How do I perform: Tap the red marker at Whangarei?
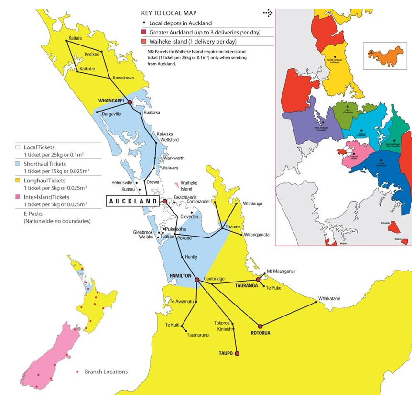[x=130, y=102]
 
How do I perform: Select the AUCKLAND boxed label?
[x=133, y=201]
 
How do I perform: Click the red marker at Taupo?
[x=237, y=354]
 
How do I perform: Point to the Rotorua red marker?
[x=260, y=326]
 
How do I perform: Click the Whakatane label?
[x=329, y=299]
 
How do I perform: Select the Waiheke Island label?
[x=189, y=186]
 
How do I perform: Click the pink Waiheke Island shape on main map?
[x=177, y=184]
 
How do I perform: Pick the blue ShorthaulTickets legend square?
[x=19, y=164]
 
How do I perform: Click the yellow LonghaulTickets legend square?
[x=19, y=181]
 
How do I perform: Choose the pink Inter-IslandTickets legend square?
[x=19, y=197]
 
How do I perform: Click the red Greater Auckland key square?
[x=144, y=32]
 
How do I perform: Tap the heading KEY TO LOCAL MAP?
[x=169, y=13]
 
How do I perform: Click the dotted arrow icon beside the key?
[x=268, y=13]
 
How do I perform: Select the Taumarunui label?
[x=198, y=335]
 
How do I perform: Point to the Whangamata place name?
[x=256, y=235]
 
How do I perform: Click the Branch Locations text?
[x=106, y=372]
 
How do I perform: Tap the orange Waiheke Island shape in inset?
[x=386, y=56]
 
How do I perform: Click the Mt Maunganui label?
[x=281, y=271]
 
